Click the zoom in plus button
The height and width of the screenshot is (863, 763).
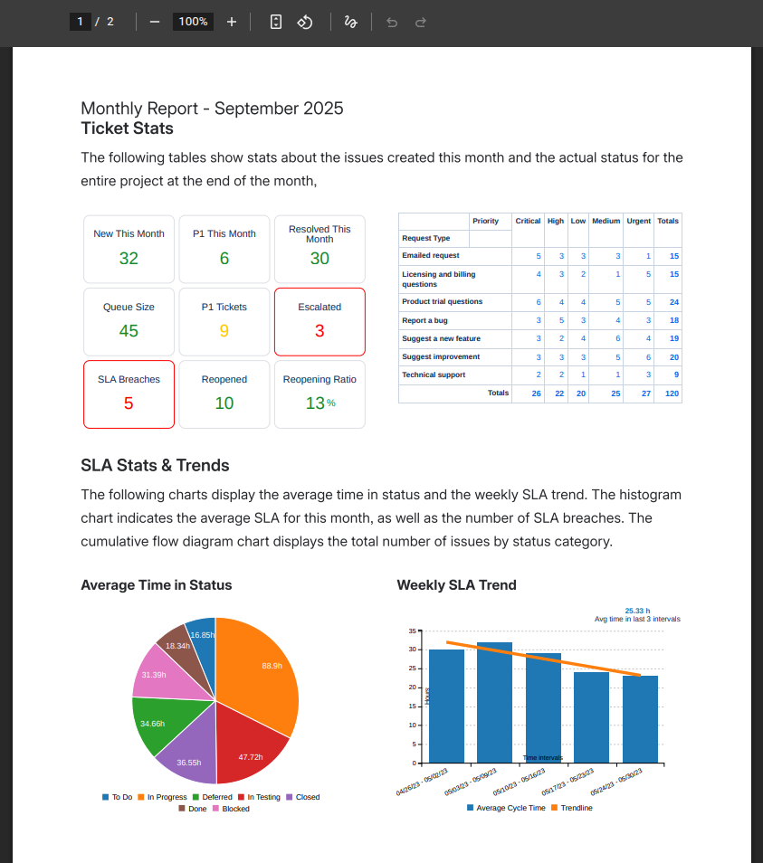pos(232,22)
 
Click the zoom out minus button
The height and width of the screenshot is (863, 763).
pos(155,22)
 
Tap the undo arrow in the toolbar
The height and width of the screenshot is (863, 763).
pos(392,22)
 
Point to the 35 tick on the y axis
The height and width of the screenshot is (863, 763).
pos(411,631)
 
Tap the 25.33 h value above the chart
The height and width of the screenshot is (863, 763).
pos(637,611)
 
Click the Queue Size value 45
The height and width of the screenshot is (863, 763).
pos(129,331)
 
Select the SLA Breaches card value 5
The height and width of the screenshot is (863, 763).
pos(129,403)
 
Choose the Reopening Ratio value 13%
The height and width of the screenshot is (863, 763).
pos(319,403)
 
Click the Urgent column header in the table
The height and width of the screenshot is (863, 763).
pos(638,221)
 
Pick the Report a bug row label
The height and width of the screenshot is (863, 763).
pos(424,320)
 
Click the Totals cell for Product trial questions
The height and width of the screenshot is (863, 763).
pos(673,302)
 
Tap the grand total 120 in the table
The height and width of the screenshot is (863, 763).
pos(672,394)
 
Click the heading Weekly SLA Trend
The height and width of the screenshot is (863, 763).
pos(456,585)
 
